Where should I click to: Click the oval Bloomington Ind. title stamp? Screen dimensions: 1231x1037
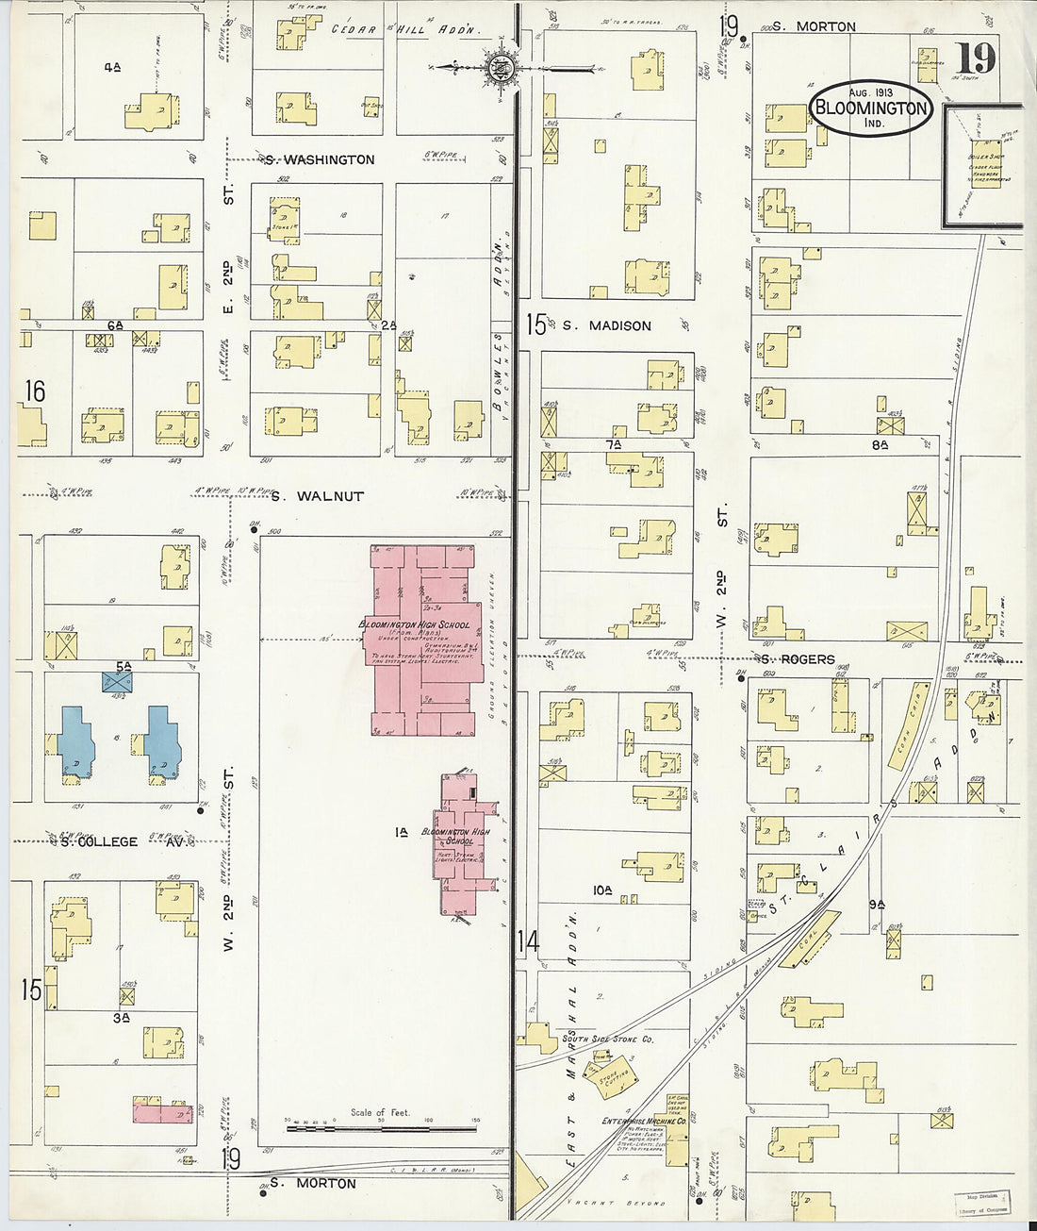click(x=870, y=108)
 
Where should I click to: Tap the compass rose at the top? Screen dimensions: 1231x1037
click(x=501, y=67)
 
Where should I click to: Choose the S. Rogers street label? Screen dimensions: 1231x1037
click(x=798, y=658)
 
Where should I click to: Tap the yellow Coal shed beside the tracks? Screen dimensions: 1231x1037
click(x=807, y=939)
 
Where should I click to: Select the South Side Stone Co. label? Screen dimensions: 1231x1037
click(x=607, y=1040)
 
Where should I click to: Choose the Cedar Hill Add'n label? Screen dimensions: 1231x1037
click(x=405, y=29)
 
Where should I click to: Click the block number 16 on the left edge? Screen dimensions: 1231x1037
click(x=35, y=390)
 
